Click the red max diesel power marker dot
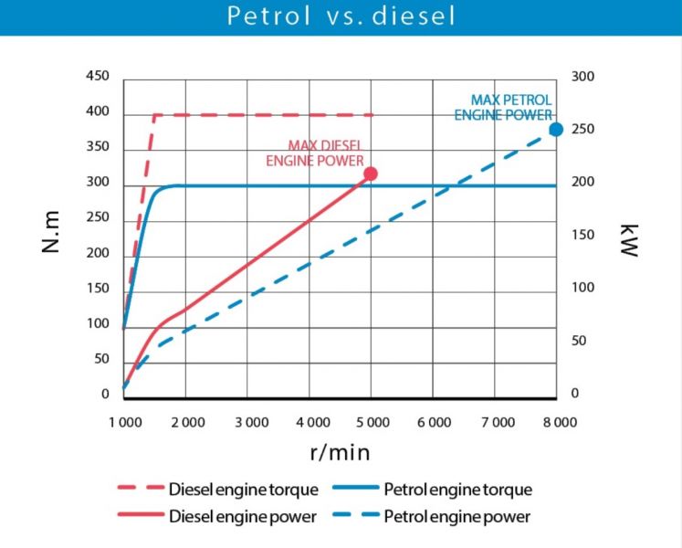(x=371, y=174)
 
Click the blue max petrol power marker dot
(x=556, y=130)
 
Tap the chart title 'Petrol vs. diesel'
(x=340, y=16)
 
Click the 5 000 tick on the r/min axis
(x=372, y=422)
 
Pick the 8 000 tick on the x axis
(x=558, y=422)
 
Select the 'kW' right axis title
(x=628, y=239)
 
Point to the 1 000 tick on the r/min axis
(x=124, y=422)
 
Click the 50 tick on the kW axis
(x=579, y=342)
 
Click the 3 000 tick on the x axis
(x=248, y=422)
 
